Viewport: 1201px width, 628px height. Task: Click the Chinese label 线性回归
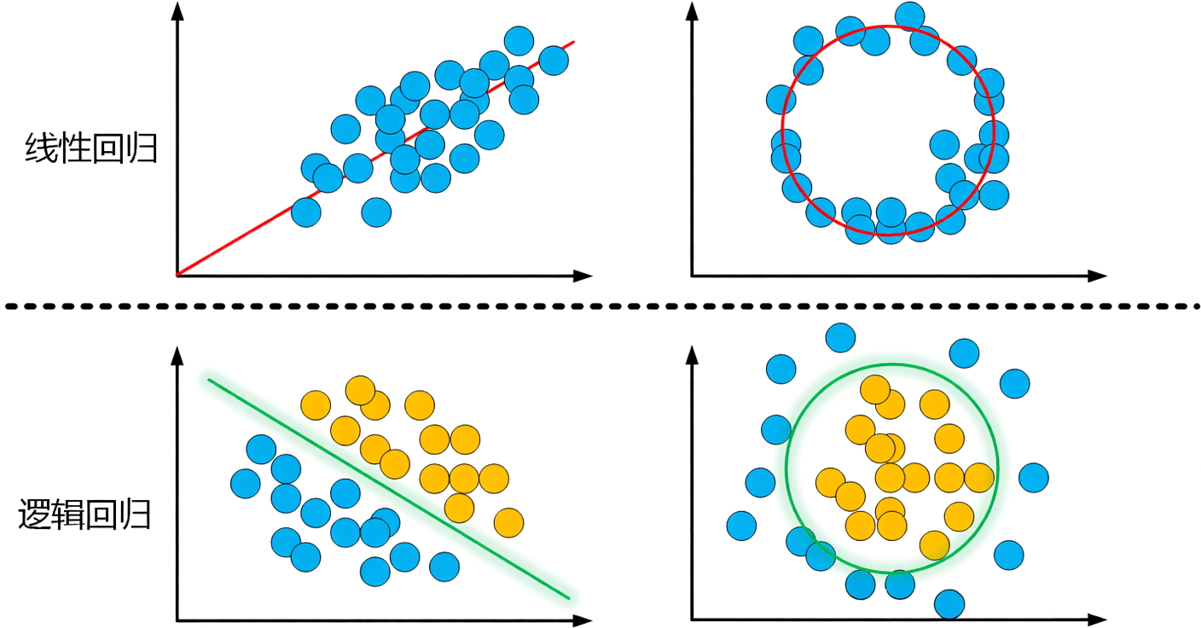click(x=91, y=148)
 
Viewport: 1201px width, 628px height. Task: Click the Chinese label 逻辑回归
click(x=84, y=515)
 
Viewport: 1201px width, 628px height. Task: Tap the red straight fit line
click(x=375, y=159)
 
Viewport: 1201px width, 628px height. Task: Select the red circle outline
click(x=782, y=131)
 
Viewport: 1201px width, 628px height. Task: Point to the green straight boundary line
click(x=389, y=489)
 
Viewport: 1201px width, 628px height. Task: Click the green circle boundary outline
click(x=786, y=469)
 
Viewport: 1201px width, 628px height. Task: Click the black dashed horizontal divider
click(x=600, y=306)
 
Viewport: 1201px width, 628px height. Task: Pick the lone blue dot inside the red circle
click(x=944, y=145)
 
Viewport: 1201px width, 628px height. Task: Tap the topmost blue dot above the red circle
click(x=910, y=16)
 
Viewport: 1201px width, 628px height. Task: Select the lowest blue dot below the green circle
click(x=949, y=604)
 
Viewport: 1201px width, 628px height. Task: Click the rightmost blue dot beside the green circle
click(x=1034, y=477)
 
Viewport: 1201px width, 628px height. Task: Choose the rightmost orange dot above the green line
click(x=509, y=523)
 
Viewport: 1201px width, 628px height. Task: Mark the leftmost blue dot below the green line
click(x=246, y=483)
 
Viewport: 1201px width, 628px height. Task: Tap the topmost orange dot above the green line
click(x=360, y=391)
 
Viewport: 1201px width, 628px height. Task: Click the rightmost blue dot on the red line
click(x=554, y=60)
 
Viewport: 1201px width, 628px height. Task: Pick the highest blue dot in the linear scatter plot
click(x=519, y=41)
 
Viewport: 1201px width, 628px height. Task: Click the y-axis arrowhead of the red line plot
click(x=177, y=11)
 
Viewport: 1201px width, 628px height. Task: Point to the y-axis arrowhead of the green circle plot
click(x=692, y=355)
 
